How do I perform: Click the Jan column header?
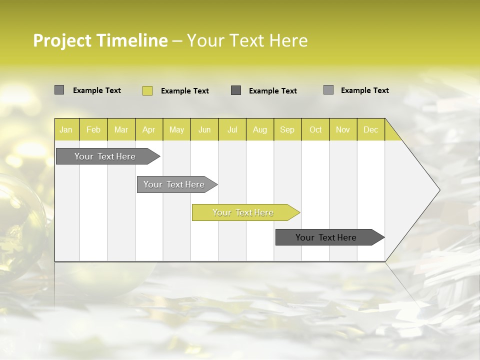(66, 130)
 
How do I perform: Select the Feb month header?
(93, 130)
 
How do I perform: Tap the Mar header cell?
(121, 130)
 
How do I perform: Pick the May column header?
(176, 130)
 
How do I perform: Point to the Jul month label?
(232, 130)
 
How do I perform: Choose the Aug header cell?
(259, 130)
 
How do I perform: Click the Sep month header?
(287, 130)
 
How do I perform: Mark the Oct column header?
(315, 130)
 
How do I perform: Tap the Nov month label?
(343, 130)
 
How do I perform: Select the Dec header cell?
(370, 130)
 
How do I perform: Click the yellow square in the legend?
(147, 90)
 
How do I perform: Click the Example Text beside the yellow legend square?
(185, 91)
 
